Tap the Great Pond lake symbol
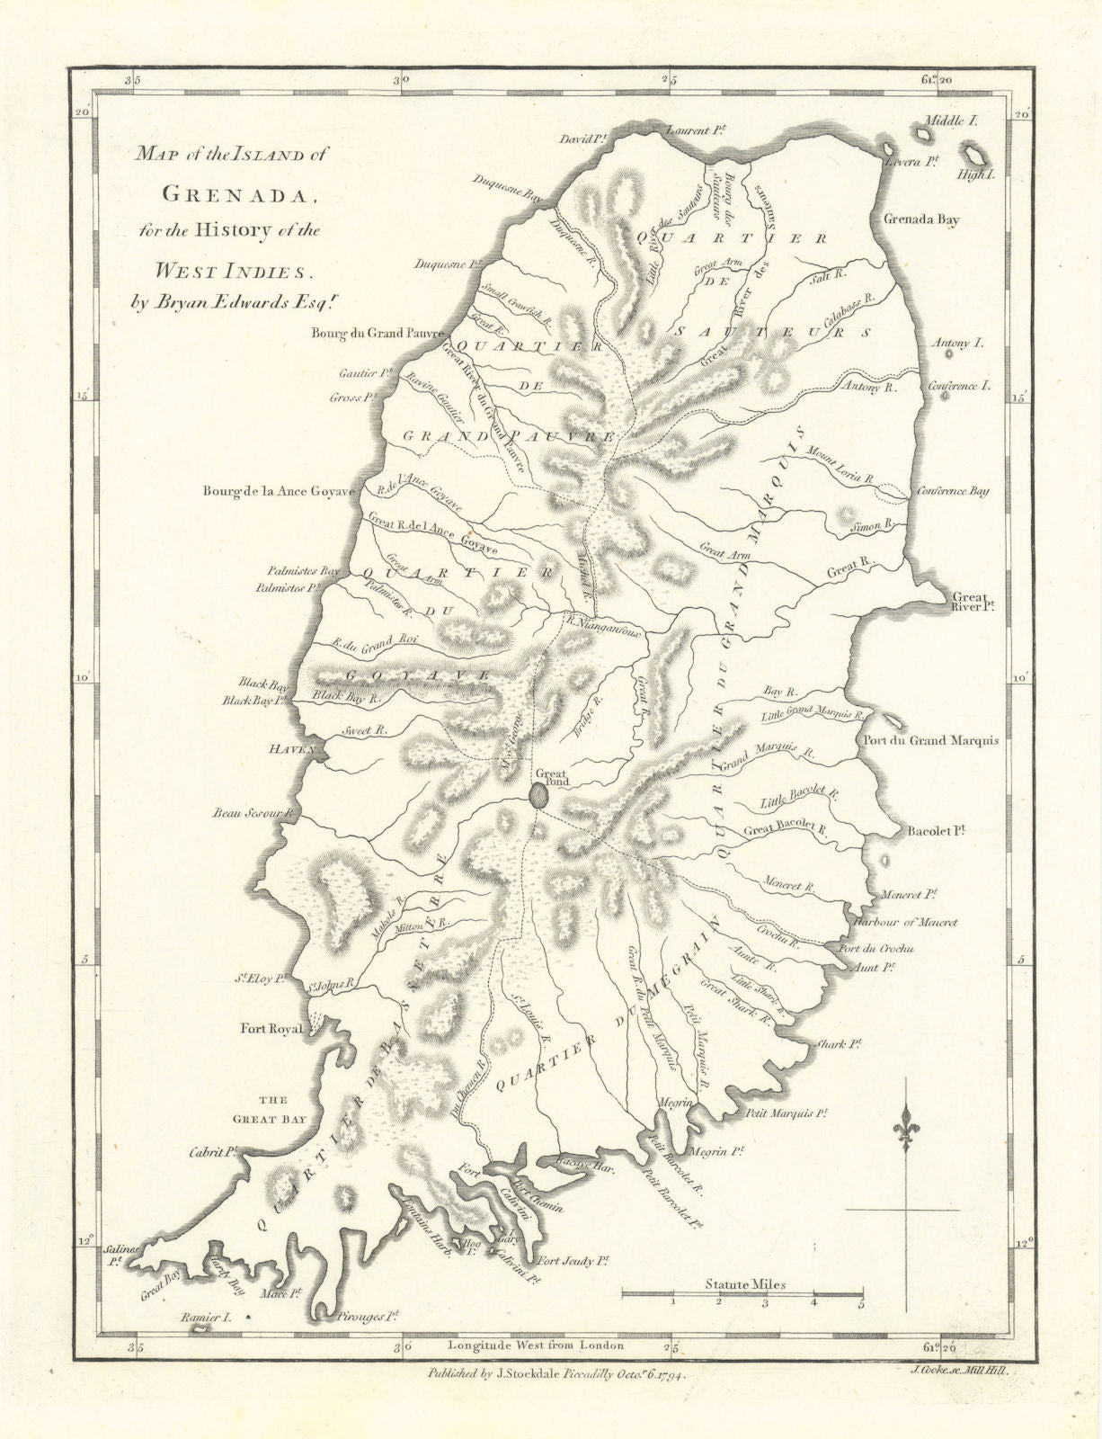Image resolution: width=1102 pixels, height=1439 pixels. coord(538,795)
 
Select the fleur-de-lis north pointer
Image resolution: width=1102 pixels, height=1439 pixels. coord(903,1132)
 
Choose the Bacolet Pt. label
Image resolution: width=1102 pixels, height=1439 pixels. coord(937,833)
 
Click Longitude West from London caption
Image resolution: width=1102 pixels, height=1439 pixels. coord(535,1345)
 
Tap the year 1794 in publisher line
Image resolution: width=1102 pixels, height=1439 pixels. coord(664,1375)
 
